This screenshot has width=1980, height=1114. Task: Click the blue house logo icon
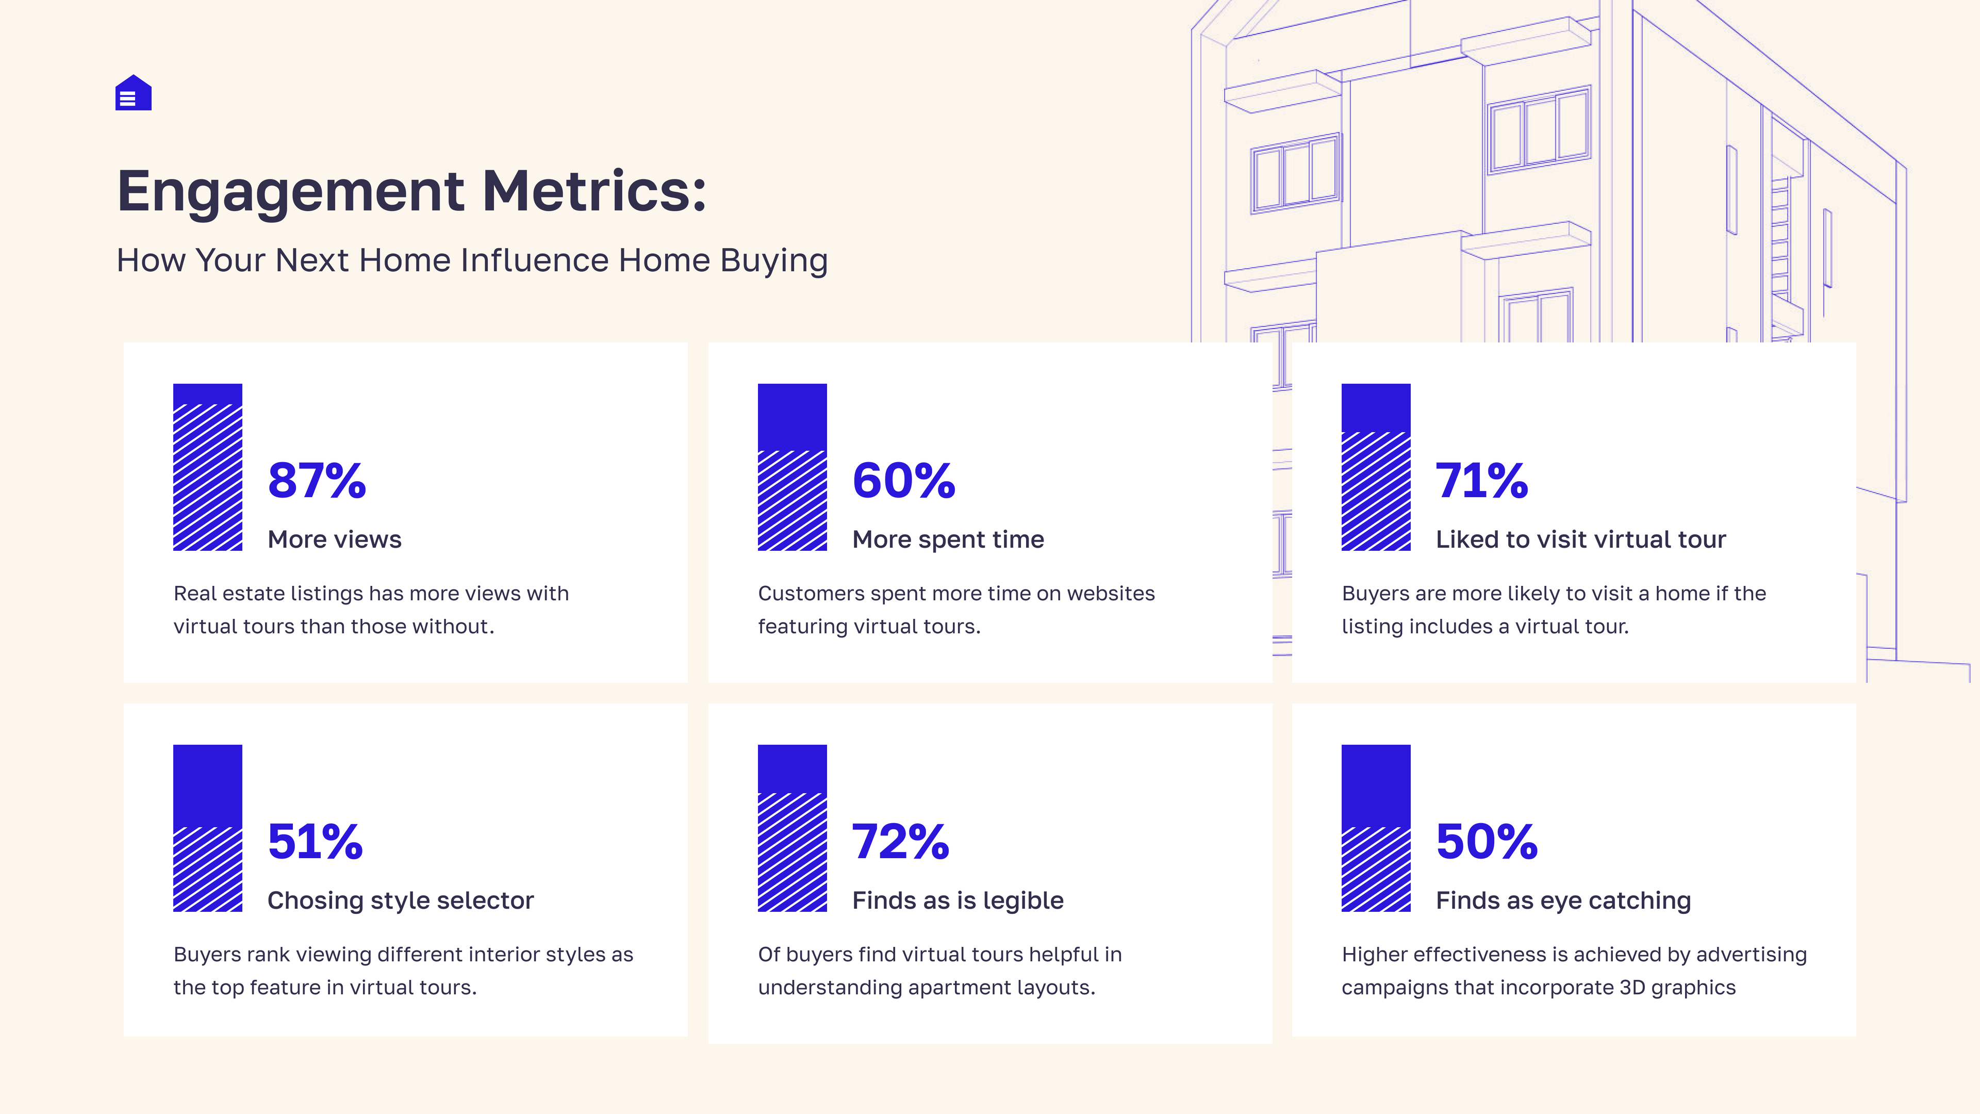[133, 93]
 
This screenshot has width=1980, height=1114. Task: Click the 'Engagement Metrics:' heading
[411, 191]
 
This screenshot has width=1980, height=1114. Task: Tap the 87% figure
[317, 481]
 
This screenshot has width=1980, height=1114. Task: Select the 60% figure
[903, 481]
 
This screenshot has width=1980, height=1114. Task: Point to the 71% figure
[1481, 481]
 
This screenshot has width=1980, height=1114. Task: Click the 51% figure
[315, 841]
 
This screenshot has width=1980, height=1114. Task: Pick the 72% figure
[900, 841]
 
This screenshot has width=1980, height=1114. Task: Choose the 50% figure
[1487, 841]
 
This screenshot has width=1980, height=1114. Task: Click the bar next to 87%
[207, 467]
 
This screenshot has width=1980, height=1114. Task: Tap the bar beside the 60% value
[791, 467]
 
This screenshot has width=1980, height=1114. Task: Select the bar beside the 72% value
[791, 828]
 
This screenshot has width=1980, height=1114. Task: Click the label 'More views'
[334, 539]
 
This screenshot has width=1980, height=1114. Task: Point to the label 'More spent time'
[948, 539]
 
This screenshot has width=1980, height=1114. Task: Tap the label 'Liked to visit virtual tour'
[1580, 539]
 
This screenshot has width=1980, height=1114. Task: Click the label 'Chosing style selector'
[401, 900]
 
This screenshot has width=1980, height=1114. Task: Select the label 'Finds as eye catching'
[1563, 900]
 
